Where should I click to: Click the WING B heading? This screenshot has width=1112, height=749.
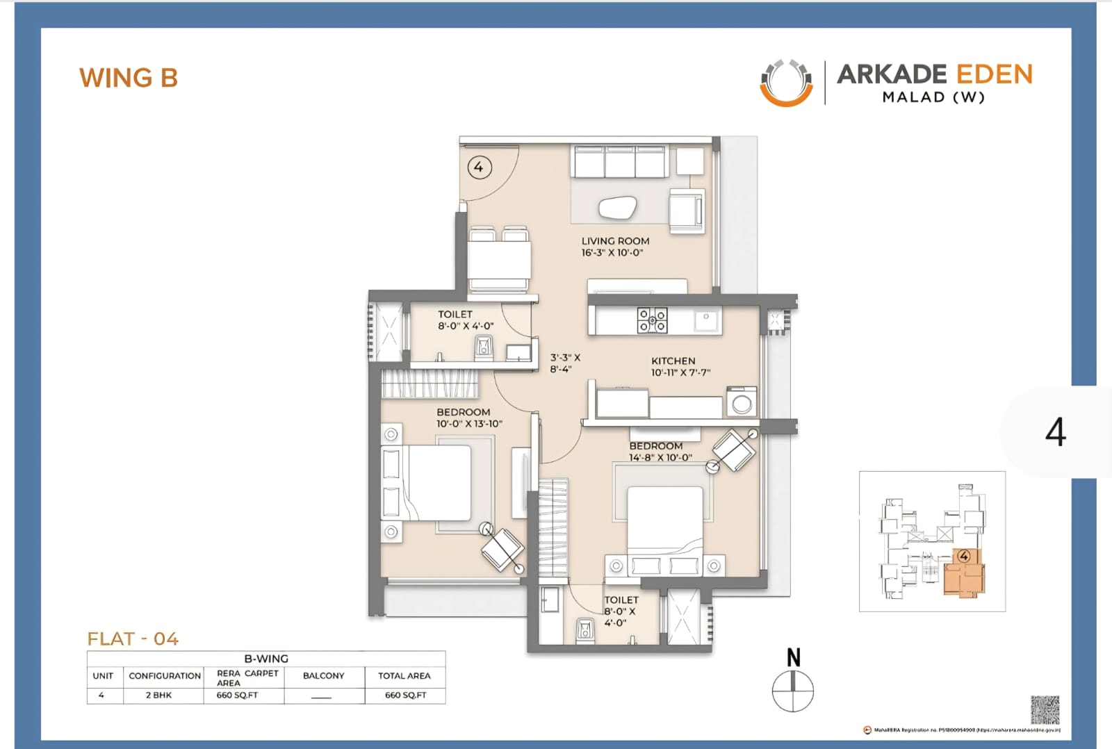coord(129,78)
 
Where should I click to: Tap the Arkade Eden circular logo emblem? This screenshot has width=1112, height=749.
coord(786,83)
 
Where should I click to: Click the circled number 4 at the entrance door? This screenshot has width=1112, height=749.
coord(479,167)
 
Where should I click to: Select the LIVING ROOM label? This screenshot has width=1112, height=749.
coord(615,241)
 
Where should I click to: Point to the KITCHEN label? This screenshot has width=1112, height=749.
coord(673,361)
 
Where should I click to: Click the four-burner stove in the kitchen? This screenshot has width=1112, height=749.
coord(653,320)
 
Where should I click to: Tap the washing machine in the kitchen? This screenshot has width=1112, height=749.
coord(742,403)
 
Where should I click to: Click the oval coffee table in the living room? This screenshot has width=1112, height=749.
coord(618,208)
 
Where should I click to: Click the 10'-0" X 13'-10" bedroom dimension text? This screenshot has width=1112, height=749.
coord(469,424)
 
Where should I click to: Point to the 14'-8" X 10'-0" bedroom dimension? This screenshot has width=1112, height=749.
coord(660,457)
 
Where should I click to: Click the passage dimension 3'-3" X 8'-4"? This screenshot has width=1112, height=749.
coord(564,363)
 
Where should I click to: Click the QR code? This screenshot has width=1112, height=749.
coord(1045,709)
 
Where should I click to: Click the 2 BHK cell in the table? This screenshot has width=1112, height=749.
coord(158,695)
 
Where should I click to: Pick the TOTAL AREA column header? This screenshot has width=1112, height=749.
coord(404,675)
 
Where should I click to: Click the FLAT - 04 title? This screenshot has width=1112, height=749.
coord(133,639)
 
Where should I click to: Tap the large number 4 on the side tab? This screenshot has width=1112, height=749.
coord(1055,432)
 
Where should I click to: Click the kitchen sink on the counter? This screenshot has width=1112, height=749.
coord(706,319)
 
